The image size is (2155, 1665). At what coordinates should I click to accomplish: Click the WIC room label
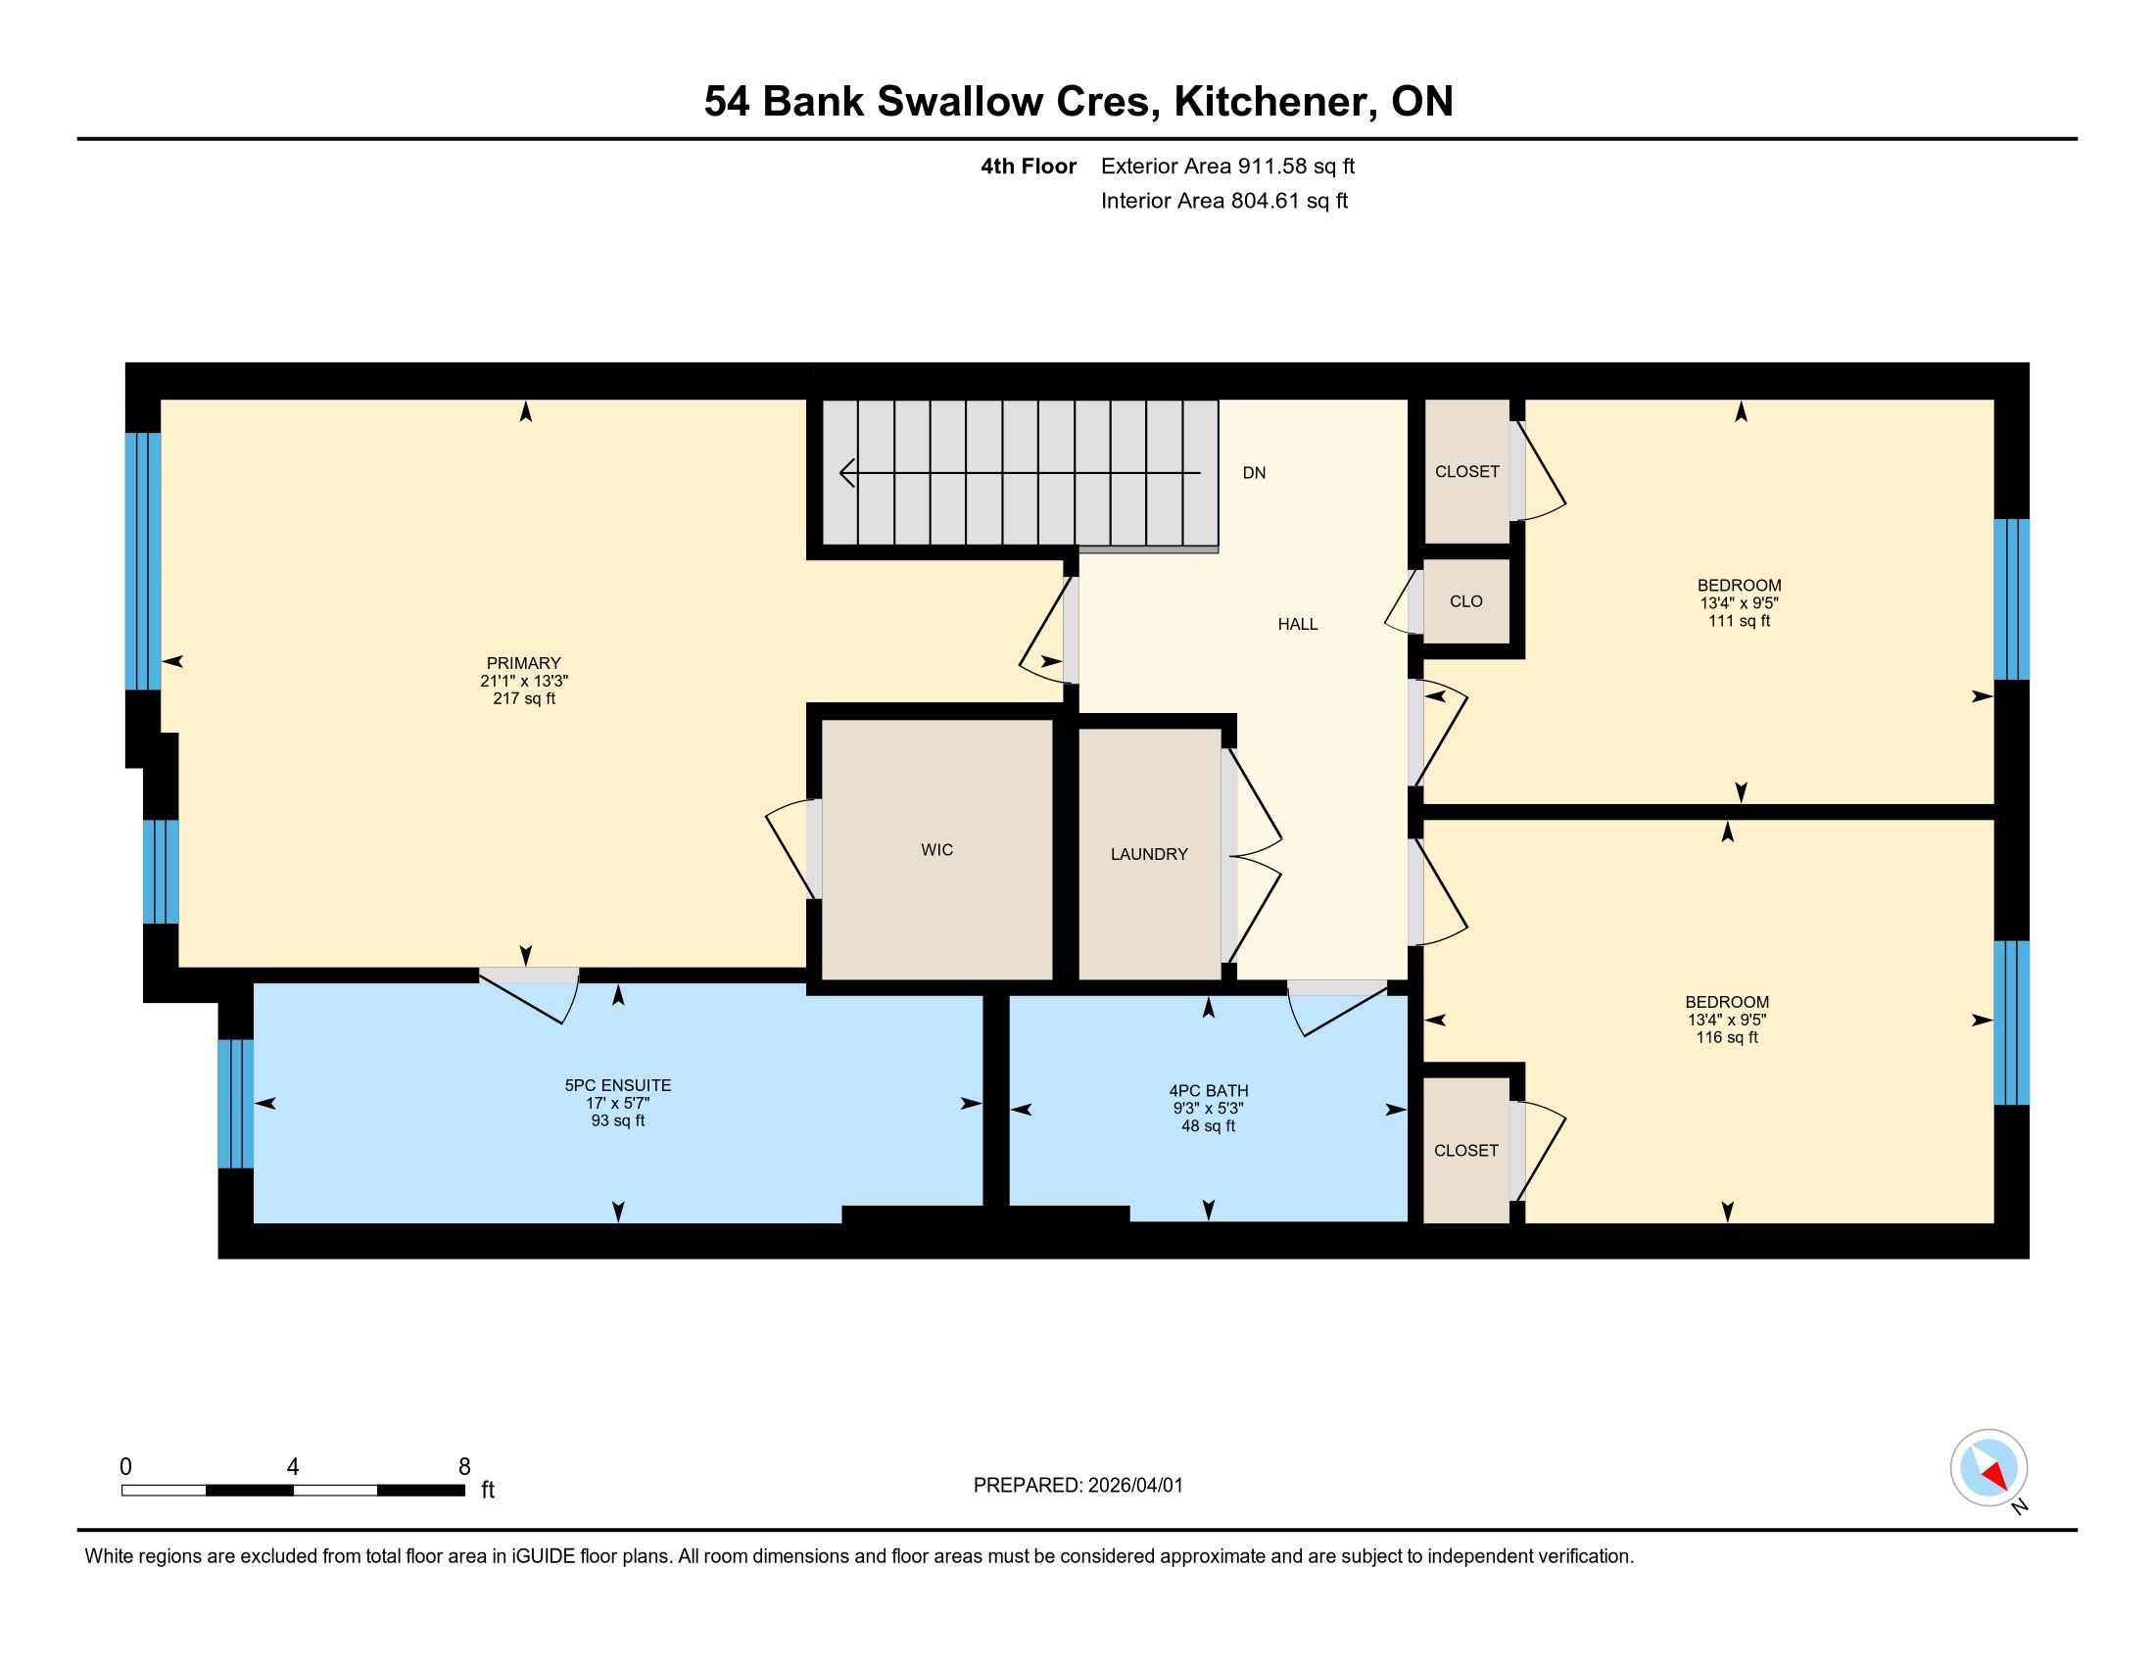pyautogui.click(x=936, y=849)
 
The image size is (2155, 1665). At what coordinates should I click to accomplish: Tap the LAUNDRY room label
pyautogui.click(x=1149, y=854)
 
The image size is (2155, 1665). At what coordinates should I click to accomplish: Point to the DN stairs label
pyautogui.click(x=1254, y=473)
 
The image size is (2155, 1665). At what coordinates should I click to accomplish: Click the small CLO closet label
pyautogui.click(x=1466, y=601)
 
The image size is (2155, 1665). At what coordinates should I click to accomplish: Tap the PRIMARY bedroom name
pyautogui.click(x=523, y=664)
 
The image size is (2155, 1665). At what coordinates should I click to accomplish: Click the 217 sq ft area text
pyautogui.click(x=524, y=698)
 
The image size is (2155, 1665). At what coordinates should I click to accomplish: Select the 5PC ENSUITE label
pyautogui.click(x=618, y=1085)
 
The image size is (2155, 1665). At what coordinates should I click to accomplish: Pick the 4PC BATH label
pyautogui.click(x=1209, y=1091)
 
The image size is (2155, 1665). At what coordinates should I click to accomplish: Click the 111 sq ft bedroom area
pyautogui.click(x=1740, y=621)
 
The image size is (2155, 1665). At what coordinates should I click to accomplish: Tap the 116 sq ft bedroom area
pyautogui.click(x=1727, y=1037)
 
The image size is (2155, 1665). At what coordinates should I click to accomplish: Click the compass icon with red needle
pyautogui.click(x=1988, y=1468)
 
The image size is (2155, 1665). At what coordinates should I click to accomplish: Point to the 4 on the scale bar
pyautogui.click(x=293, y=1467)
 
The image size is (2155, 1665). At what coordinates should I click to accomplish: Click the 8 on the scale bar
pyautogui.click(x=463, y=1467)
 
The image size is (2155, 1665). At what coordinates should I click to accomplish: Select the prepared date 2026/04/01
pyautogui.click(x=1134, y=1486)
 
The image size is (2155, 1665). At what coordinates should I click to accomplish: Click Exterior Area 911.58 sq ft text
pyautogui.click(x=1227, y=166)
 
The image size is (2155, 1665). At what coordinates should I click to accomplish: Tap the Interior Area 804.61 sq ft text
pyautogui.click(x=1224, y=201)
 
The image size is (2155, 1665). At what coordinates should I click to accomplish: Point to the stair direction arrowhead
pyautogui.click(x=846, y=473)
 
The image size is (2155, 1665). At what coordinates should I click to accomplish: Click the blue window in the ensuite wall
pyautogui.click(x=236, y=1104)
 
